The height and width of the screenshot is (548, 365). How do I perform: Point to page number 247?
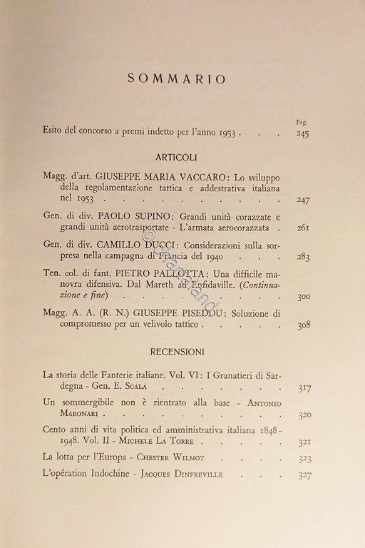303,200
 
